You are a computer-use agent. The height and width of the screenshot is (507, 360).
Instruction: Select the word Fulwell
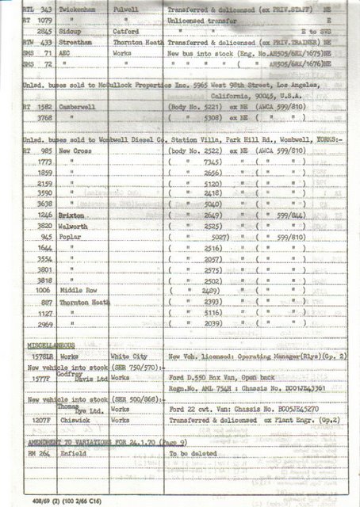point(126,7)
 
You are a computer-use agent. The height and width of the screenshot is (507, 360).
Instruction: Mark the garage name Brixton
point(74,237)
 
